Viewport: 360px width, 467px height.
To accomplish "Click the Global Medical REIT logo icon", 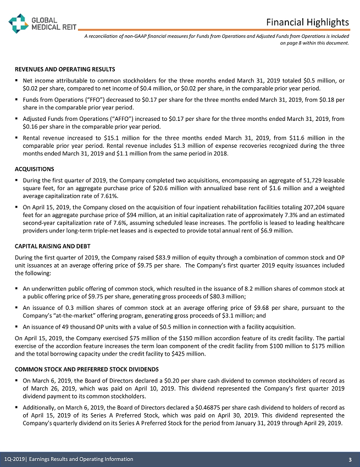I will [18, 22].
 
